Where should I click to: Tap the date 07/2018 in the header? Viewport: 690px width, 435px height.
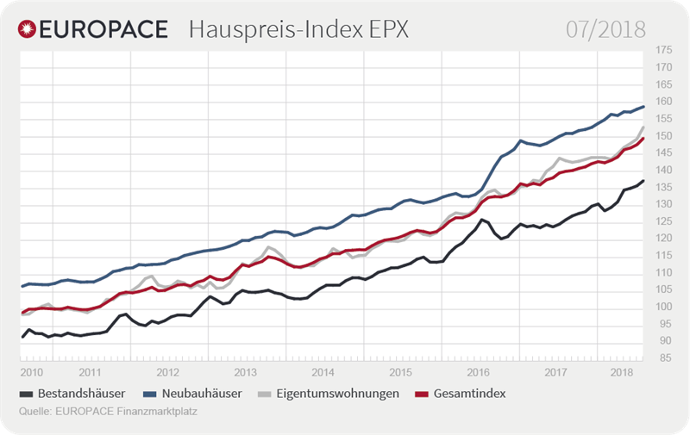coord(605,29)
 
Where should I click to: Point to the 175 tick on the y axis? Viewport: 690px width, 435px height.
coord(663,51)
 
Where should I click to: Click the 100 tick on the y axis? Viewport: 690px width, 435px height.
coord(663,307)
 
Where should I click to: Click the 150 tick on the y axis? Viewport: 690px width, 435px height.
coord(663,136)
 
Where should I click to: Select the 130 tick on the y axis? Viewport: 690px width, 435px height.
coord(663,204)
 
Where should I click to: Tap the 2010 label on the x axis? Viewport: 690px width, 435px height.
coord(32,373)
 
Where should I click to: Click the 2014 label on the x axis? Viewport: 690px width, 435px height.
coord(322,373)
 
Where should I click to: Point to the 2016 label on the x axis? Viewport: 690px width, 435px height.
coord(477,373)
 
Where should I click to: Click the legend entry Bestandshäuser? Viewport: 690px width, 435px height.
coord(77,394)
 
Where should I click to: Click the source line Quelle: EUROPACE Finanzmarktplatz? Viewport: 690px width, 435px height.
coord(108,410)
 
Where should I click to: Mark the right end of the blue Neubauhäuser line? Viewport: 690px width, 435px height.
coord(643,107)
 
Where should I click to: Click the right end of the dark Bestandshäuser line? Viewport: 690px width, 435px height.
coord(643,181)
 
